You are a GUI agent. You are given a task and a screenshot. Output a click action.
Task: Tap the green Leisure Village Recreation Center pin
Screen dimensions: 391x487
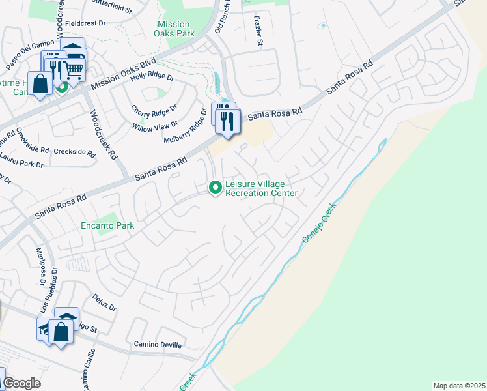tap(215, 188)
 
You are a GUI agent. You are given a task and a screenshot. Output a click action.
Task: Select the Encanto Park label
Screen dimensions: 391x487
tap(107, 226)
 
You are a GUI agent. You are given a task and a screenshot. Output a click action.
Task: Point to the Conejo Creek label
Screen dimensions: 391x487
tap(320, 223)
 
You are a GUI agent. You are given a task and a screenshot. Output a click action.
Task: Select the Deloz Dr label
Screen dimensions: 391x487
tap(104, 302)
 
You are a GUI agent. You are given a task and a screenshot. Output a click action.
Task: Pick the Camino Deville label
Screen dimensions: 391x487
tap(158, 344)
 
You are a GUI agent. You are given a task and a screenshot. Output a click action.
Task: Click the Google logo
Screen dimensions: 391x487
tap(21, 383)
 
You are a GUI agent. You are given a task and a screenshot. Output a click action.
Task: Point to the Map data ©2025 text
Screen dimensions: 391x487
tap(458, 386)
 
